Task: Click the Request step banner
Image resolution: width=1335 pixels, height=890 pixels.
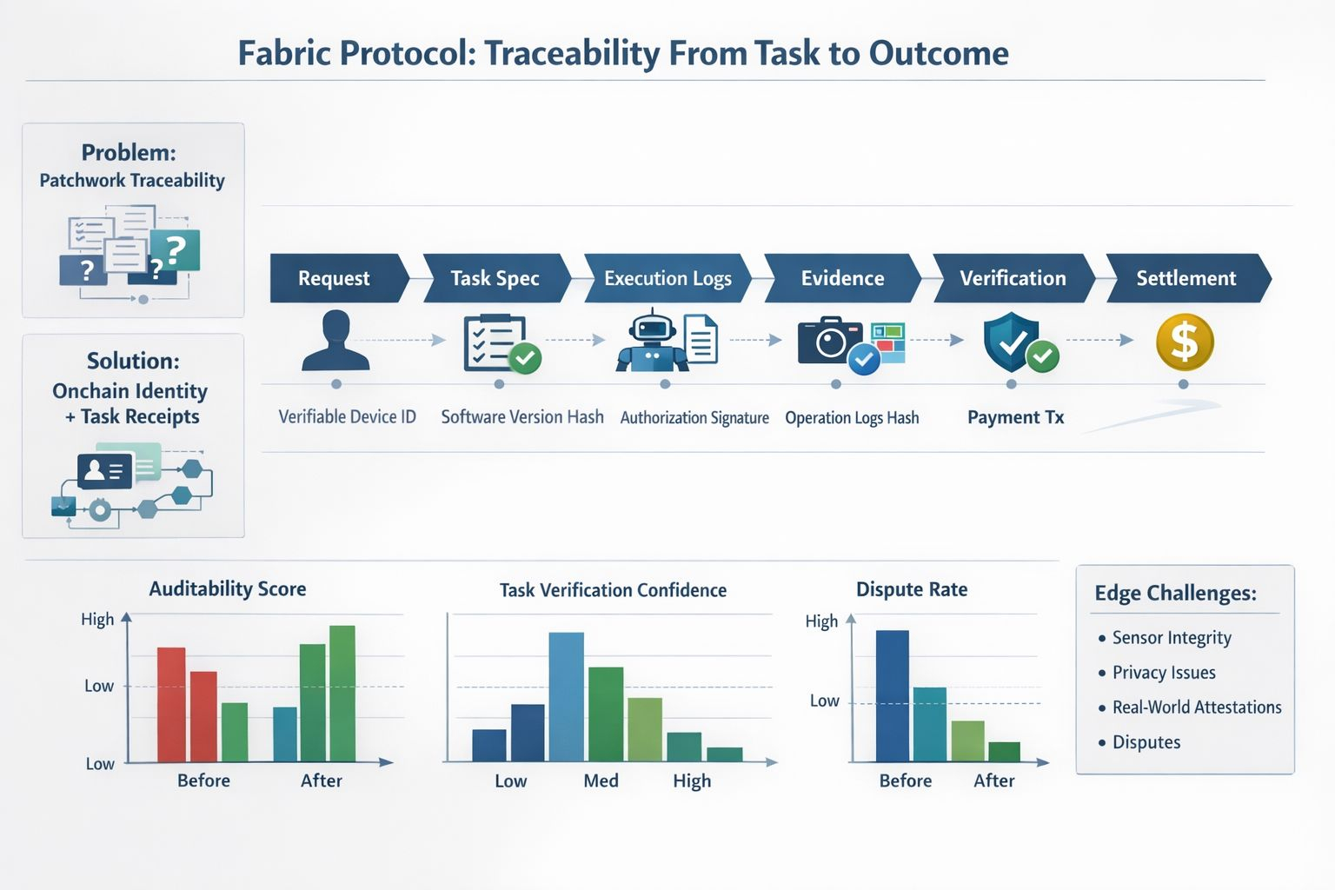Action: [x=335, y=278]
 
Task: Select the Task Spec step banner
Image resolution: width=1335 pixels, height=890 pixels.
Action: [x=495, y=278]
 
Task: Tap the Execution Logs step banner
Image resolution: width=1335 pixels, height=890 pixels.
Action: [x=667, y=278]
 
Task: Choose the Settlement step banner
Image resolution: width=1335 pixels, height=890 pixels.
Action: [x=1186, y=278]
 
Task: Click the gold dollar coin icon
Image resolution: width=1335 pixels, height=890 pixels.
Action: [x=1184, y=342]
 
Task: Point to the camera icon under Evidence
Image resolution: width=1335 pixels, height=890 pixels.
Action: [x=830, y=341]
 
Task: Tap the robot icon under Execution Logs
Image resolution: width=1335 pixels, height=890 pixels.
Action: [x=652, y=341]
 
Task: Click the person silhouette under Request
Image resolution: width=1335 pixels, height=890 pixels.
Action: [x=335, y=341]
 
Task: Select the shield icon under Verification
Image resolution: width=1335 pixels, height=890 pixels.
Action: [x=1011, y=341]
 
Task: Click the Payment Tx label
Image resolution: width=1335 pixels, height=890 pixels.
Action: [x=1015, y=417]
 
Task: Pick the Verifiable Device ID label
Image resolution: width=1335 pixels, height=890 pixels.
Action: [x=347, y=417]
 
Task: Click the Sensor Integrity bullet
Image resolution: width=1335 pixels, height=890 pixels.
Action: [x=1171, y=638]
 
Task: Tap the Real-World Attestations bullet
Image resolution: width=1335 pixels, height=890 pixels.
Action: [x=1196, y=707]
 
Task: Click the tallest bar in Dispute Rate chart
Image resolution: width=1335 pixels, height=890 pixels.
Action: [x=892, y=695]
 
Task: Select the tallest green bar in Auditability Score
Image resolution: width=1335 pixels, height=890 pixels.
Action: [x=342, y=694]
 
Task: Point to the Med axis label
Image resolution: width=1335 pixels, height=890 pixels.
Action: [x=601, y=780]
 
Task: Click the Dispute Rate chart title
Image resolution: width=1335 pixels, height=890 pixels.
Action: [x=911, y=589]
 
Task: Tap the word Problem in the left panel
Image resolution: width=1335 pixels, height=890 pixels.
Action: [x=129, y=153]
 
